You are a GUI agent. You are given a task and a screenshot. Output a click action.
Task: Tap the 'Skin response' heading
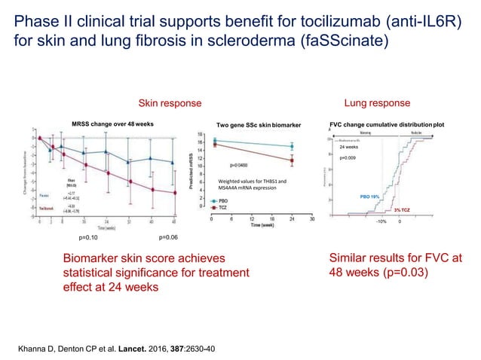pyautogui.click(x=168, y=102)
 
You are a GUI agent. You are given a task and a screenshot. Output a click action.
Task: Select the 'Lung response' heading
pyautogui.click(x=377, y=102)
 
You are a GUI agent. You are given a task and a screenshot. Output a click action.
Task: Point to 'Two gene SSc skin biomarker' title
pyautogui.click(x=259, y=124)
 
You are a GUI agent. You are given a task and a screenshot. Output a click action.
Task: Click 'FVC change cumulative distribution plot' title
pyautogui.click(x=388, y=124)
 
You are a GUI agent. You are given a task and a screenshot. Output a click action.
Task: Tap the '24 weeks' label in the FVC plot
pyautogui.click(x=352, y=148)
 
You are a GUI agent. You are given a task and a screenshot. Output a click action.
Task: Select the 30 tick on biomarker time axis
pyautogui.click(x=312, y=219)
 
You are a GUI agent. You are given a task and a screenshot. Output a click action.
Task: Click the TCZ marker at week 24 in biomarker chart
pyautogui.click(x=292, y=160)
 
